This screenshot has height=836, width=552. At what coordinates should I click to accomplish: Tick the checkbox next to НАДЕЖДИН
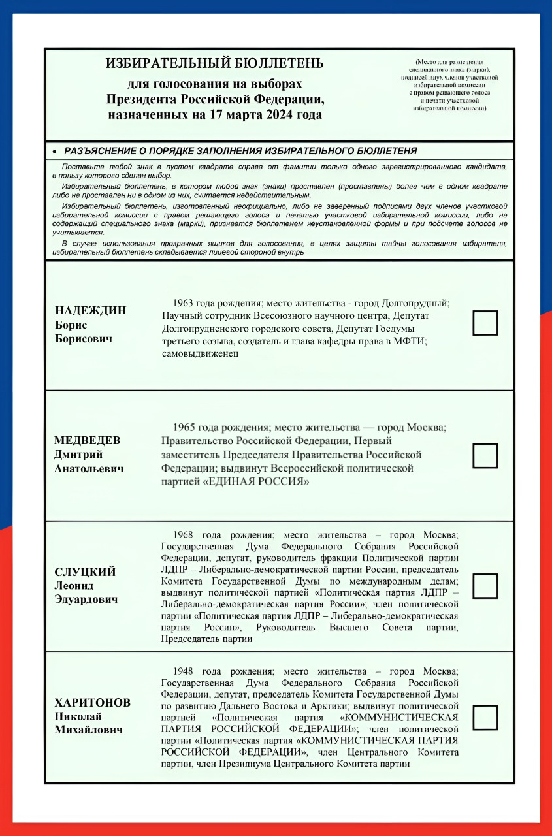[485, 323]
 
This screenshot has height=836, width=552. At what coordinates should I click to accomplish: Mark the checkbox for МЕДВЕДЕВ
[485, 456]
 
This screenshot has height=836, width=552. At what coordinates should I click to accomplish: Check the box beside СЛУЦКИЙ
[485, 586]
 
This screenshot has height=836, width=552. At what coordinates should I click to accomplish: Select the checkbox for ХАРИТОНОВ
[485, 717]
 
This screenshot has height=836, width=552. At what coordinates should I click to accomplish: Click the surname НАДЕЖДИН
[90, 310]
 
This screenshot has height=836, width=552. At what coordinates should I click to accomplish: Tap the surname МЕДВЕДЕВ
[87, 440]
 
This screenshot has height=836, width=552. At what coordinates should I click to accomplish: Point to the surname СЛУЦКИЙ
[85, 572]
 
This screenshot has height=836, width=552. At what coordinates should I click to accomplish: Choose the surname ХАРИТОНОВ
[92, 703]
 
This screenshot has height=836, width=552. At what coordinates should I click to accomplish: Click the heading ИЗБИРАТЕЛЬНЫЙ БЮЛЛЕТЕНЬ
[214, 63]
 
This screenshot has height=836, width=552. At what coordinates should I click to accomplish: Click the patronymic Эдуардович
[86, 600]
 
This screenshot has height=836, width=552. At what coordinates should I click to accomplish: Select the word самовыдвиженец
[200, 353]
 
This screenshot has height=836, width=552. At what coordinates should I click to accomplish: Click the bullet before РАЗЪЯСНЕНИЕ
[55, 151]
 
